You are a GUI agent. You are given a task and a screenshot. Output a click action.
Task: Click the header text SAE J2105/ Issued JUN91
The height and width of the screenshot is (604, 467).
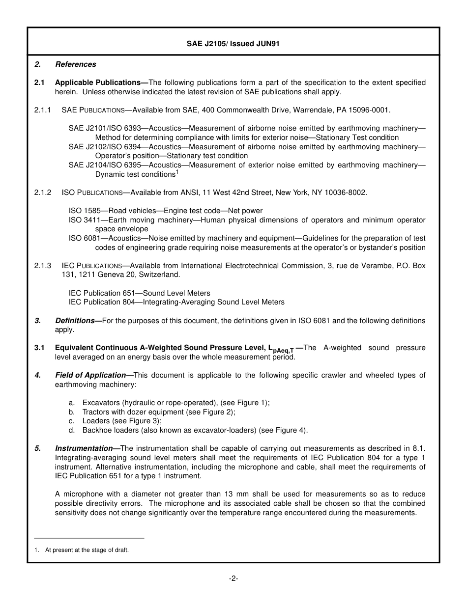[233, 44]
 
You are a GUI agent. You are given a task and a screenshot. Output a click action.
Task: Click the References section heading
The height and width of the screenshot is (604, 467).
[76, 64]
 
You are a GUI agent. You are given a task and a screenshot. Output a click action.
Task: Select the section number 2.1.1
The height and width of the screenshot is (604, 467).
[43, 110]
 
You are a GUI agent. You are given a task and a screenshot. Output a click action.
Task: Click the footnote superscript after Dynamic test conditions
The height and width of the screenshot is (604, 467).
[177, 172]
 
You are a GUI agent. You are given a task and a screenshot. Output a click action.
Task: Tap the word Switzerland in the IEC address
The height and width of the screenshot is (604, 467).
[159, 275]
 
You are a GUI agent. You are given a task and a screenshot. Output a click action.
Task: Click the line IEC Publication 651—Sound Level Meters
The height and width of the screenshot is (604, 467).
[140, 293]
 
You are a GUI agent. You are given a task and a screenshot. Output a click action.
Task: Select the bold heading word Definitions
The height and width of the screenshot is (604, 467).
[75, 321]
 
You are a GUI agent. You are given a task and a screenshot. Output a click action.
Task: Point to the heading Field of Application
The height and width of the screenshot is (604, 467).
[90, 375]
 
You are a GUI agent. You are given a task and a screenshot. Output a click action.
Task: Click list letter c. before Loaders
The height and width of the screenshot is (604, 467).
[72, 421]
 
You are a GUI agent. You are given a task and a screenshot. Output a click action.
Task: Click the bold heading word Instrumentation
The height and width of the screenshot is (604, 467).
[84, 448]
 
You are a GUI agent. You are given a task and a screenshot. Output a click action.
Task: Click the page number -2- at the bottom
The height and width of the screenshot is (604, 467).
[233, 578]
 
